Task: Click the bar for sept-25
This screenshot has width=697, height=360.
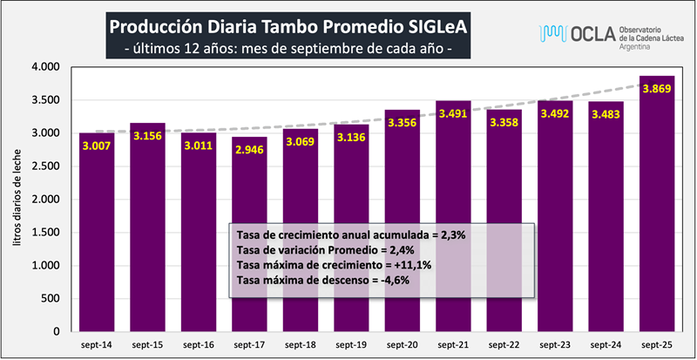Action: [658, 209]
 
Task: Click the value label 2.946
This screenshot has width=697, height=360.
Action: [249, 149]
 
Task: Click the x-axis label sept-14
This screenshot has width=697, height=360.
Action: [96, 345]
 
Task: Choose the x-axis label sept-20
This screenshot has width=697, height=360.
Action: [403, 345]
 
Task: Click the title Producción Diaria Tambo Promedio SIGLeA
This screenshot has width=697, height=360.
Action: [288, 27]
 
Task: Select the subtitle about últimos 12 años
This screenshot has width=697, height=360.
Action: [288, 49]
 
